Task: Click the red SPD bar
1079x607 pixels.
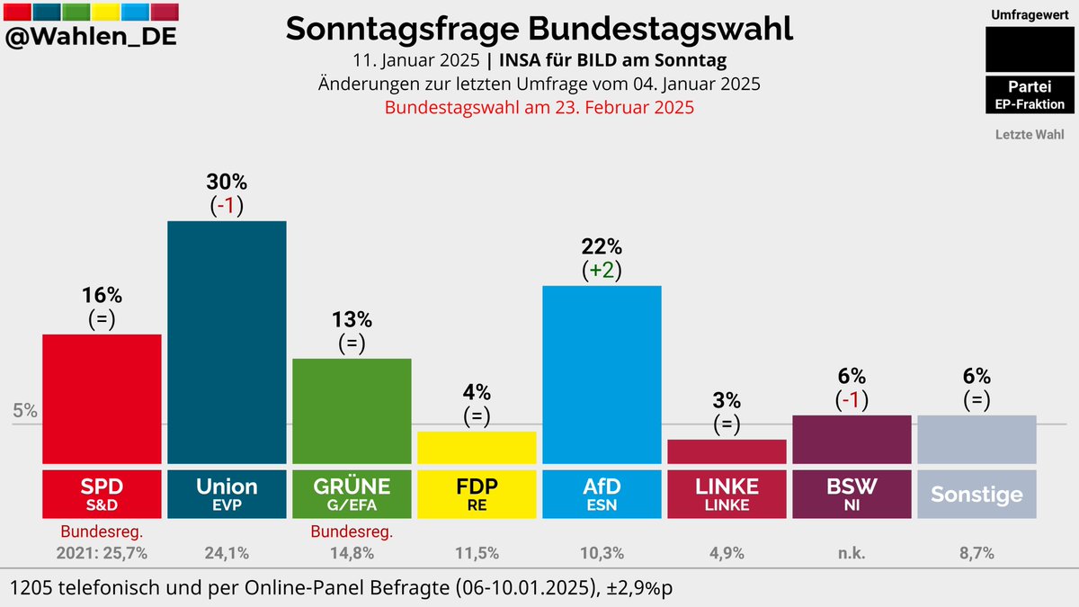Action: (x=102, y=397)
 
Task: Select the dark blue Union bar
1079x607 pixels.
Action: (x=227, y=342)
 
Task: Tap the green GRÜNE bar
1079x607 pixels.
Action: (x=352, y=410)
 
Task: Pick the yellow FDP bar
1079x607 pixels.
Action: (x=477, y=446)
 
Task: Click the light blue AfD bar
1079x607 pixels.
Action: (x=602, y=373)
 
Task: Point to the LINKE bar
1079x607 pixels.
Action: (x=727, y=451)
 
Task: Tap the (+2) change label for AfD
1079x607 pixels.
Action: (x=602, y=270)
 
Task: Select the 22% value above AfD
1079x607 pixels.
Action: (x=602, y=246)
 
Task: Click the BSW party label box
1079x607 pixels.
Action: (x=852, y=494)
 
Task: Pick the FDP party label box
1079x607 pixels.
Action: (x=477, y=494)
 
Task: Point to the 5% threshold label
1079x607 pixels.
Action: (x=25, y=411)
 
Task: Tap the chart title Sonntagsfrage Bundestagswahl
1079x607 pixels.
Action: (x=539, y=29)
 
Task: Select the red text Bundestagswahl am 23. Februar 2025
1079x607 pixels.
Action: (x=539, y=107)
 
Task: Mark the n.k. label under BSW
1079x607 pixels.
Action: (x=852, y=553)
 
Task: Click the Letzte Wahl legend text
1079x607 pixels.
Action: (x=1030, y=135)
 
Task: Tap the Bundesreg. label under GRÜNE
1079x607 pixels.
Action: (x=352, y=531)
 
